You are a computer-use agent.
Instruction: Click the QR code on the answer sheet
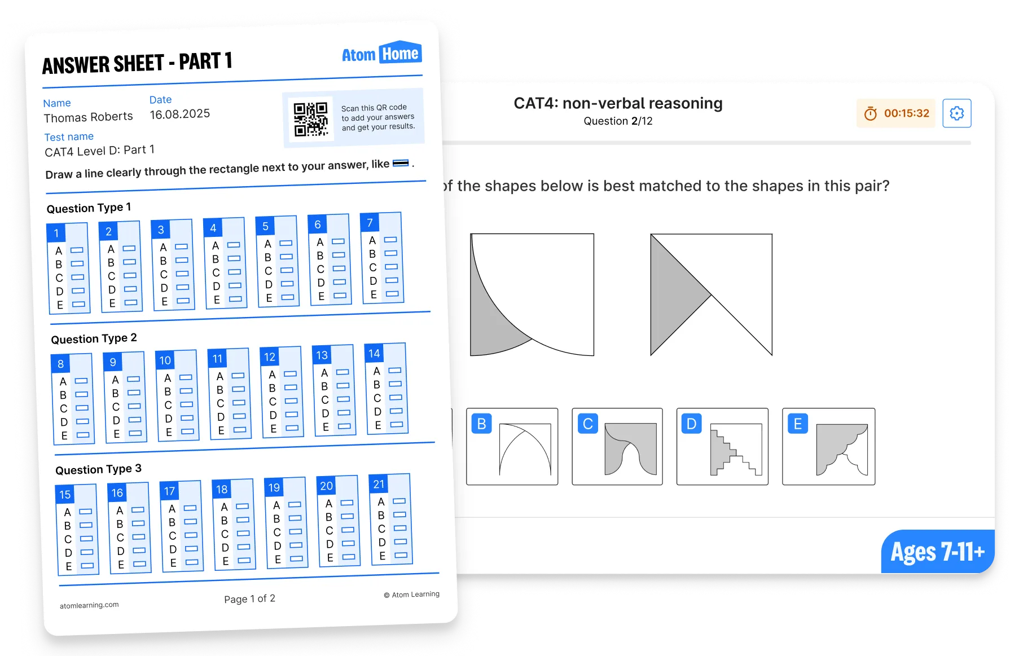[310, 119]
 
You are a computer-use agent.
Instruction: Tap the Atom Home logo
[381, 53]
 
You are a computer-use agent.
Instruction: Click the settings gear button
[957, 113]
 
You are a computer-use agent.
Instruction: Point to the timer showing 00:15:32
[896, 113]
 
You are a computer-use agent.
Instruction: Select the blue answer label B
[482, 424]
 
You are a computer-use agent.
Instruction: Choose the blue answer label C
[587, 424]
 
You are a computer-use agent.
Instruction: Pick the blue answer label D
[692, 424]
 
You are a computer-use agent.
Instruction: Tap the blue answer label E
[798, 424]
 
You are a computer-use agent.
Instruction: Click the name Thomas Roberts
[89, 117]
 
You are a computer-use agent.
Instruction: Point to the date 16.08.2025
[180, 114]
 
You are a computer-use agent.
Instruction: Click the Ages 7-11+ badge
[938, 552]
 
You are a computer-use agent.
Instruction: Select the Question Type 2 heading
[94, 338]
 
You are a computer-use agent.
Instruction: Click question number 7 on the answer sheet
[370, 223]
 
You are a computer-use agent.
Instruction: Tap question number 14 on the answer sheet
[374, 354]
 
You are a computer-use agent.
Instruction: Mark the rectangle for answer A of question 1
[77, 250]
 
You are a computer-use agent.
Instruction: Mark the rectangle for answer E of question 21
[401, 555]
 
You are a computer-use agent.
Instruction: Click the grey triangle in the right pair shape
[674, 294]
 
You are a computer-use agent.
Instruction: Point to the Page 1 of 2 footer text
[249, 598]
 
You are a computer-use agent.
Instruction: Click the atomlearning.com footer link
[89, 605]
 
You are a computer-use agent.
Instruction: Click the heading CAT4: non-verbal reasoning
[618, 103]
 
